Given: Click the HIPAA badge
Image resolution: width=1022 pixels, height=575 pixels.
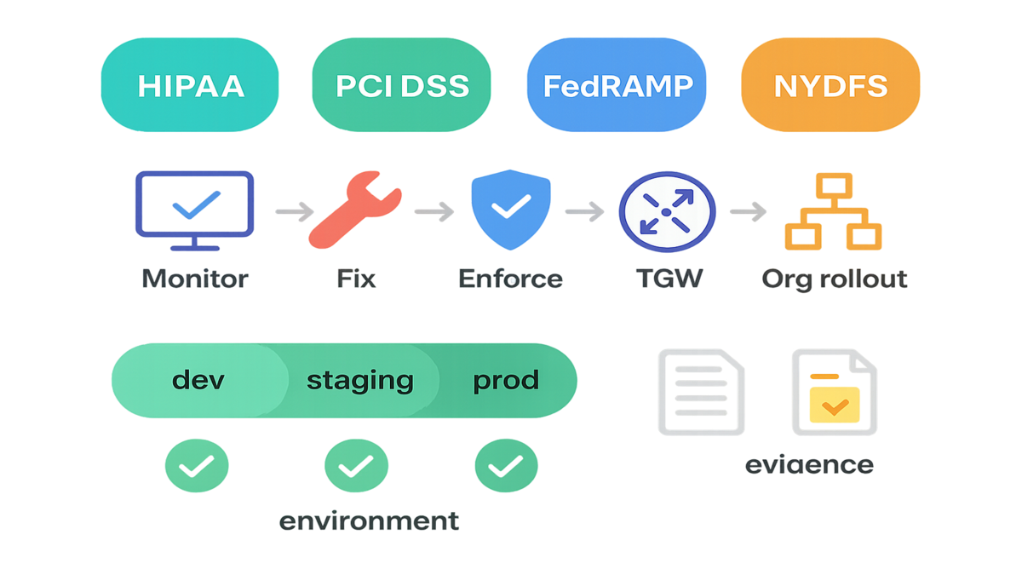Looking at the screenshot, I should click(x=191, y=86).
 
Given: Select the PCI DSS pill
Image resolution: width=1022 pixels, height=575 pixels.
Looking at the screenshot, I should click(x=402, y=86).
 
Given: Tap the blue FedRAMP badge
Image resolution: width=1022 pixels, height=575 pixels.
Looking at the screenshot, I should click(x=617, y=86).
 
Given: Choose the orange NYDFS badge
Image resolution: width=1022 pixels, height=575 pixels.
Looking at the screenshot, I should click(x=830, y=86).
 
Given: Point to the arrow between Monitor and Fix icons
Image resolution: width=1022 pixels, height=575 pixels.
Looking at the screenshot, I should click(x=294, y=211).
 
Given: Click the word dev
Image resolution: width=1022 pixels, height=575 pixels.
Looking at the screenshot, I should click(x=198, y=379).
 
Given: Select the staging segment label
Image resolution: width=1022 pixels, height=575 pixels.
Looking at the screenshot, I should click(x=359, y=380).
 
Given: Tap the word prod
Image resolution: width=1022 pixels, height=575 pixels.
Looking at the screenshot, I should click(x=506, y=379).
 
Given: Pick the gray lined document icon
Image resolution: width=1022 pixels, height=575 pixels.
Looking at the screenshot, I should click(x=700, y=391).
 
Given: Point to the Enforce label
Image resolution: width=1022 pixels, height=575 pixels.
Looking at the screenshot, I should click(x=509, y=279).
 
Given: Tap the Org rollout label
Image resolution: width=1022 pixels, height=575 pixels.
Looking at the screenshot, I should click(x=834, y=279).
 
